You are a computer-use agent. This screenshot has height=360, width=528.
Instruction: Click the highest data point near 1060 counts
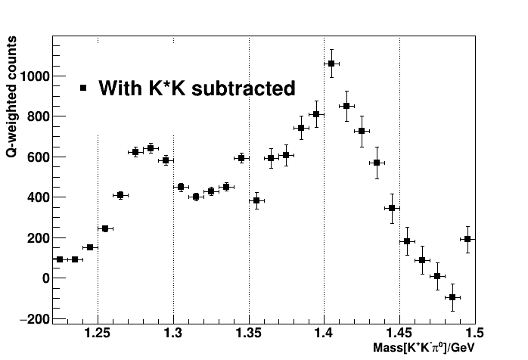click(x=331, y=64)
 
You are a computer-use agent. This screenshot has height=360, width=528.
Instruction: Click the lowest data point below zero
click(x=452, y=297)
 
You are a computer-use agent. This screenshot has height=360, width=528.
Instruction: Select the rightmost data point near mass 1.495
click(x=467, y=239)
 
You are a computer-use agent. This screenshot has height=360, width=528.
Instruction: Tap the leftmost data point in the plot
click(x=60, y=259)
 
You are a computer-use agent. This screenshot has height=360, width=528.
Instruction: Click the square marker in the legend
click(x=84, y=88)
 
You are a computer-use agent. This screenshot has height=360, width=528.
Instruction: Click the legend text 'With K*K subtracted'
click(x=197, y=88)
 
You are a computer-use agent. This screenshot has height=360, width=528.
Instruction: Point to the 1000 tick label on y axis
click(x=36, y=76)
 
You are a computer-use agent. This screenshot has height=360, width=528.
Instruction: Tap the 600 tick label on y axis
click(x=39, y=157)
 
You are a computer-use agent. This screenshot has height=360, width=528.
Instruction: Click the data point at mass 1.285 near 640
click(x=151, y=148)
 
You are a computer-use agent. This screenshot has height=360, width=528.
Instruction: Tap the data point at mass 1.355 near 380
click(x=256, y=200)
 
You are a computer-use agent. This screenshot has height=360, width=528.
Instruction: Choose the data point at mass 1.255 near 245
click(x=105, y=228)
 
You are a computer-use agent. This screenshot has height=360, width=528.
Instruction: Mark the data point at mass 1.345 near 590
click(x=241, y=158)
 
